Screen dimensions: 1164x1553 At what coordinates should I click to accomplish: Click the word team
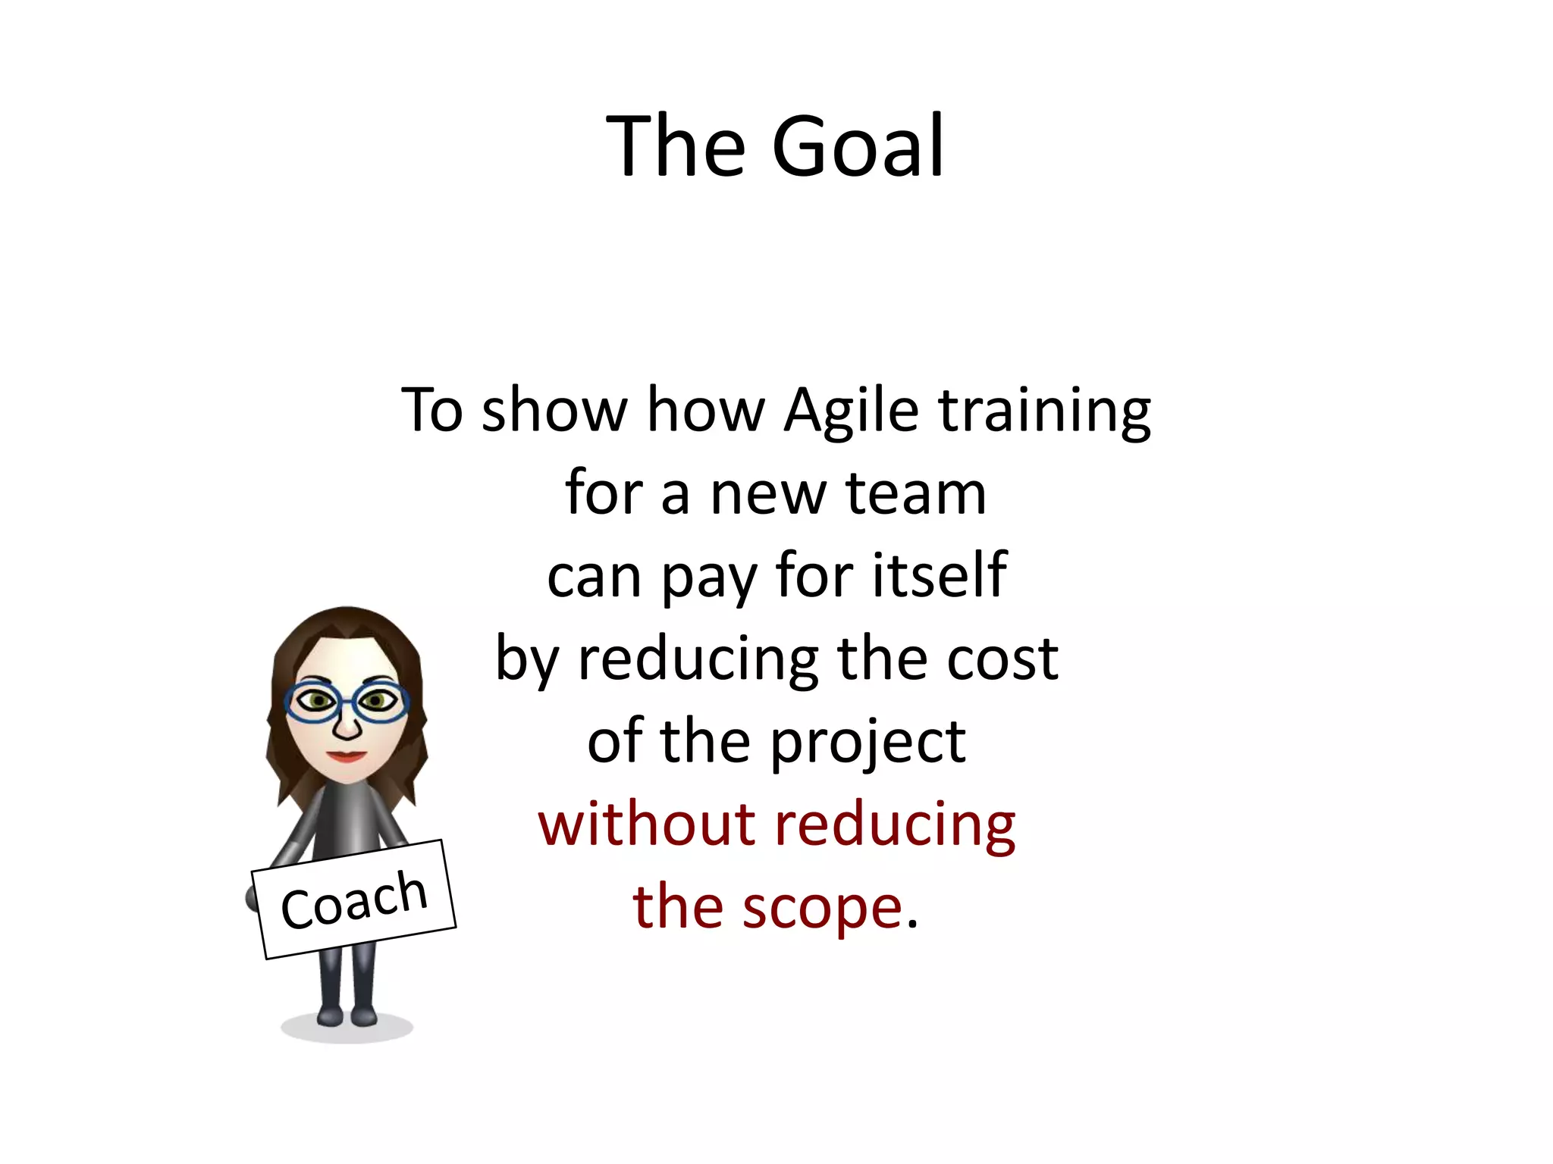tap(916, 493)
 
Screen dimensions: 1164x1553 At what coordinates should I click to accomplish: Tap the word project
tap(868, 743)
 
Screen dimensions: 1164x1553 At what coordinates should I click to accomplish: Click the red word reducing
tap(895, 826)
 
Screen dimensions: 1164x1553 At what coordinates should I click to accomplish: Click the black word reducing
tap(698, 660)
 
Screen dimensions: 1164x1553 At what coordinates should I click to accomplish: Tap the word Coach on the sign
tap(354, 900)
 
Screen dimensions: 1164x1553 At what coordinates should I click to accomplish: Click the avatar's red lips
tap(347, 756)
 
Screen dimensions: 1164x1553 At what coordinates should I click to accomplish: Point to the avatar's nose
tap(347, 728)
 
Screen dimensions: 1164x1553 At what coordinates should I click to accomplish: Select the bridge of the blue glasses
tap(347, 702)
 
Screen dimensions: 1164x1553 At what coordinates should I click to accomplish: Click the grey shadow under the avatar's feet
tap(347, 1030)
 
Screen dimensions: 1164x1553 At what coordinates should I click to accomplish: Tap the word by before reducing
tap(527, 660)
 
